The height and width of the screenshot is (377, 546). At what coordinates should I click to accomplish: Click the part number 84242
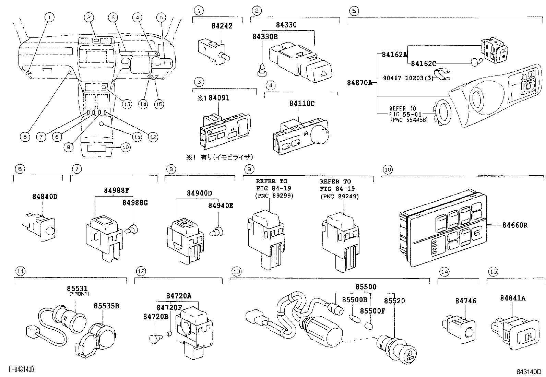[222, 26]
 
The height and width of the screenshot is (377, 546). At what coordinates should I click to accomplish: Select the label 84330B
[265, 36]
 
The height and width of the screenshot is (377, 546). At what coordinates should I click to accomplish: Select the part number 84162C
[424, 63]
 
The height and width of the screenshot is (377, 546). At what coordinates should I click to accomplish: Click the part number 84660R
[515, 225]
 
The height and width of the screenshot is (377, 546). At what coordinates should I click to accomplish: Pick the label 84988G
[135, 203]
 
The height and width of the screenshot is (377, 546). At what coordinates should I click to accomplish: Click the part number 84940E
[221, 205]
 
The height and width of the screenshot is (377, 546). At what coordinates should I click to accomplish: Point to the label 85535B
[106, 306]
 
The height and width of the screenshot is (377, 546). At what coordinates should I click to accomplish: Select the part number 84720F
[169, 308]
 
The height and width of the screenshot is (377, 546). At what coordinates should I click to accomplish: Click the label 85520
[394, 301]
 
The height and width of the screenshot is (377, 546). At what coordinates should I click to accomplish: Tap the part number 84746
[466, 301]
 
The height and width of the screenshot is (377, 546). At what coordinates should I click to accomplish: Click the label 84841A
[512, 298]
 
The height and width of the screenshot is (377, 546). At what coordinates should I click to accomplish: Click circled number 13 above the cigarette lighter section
[237, 271]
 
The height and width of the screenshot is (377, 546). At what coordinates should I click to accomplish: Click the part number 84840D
[45, 197]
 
